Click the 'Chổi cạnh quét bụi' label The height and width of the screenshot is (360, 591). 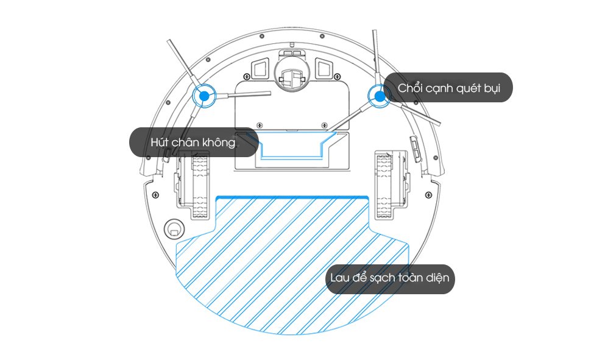(448, 88)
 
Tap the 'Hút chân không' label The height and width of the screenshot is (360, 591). (194, 142)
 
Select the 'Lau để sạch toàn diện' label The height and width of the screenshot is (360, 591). (390, 279)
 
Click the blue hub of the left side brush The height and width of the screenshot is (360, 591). (204, 96)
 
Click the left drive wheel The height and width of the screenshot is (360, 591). (200, 185)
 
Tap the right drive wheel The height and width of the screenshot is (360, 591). (384, 185)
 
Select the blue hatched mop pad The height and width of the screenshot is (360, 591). (292, 264)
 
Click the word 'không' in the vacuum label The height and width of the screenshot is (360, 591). (219, 142)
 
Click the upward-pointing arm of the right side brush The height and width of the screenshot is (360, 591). (375, 58)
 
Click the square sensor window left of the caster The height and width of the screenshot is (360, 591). (260, 68)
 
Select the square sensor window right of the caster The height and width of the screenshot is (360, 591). (324, 68)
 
